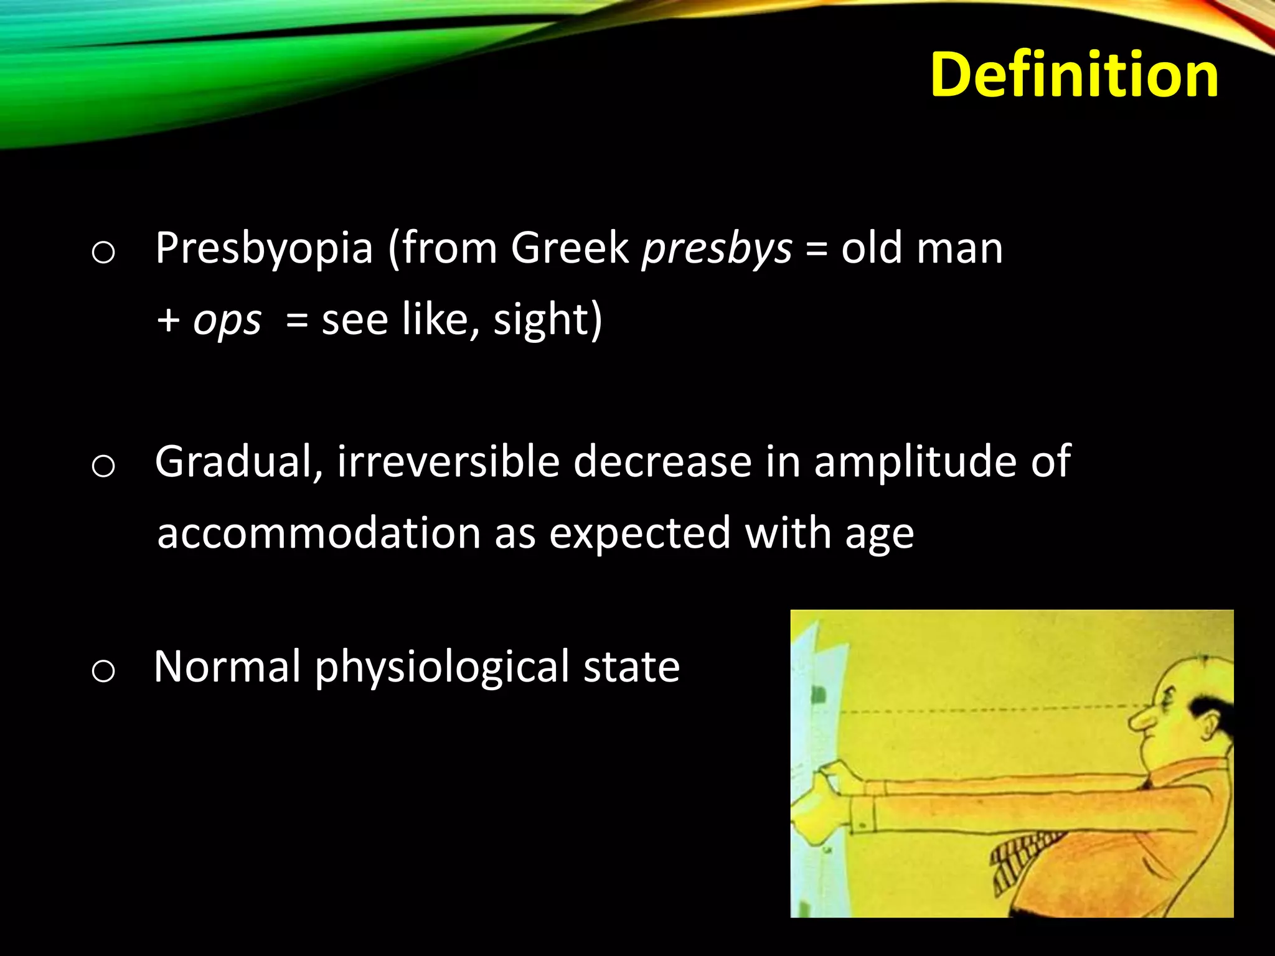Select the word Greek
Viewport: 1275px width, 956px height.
570,248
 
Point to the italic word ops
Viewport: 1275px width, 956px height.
227,321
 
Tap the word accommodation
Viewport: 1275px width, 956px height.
319,534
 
